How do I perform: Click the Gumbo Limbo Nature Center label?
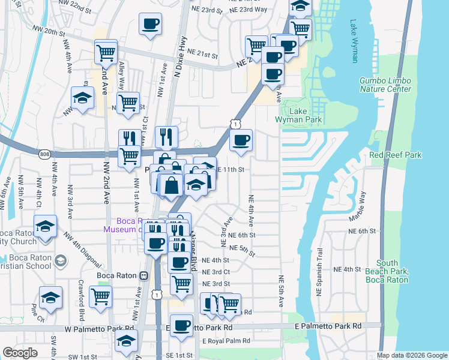[385, 85]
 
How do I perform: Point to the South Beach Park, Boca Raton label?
[393, 271]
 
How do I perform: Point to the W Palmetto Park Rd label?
[100, 328]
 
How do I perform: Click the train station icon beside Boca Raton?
[143, 276]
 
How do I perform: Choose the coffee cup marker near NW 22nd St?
[149, 25]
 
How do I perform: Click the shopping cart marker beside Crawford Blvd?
[100, 296]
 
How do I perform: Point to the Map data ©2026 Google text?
[411, 355]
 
